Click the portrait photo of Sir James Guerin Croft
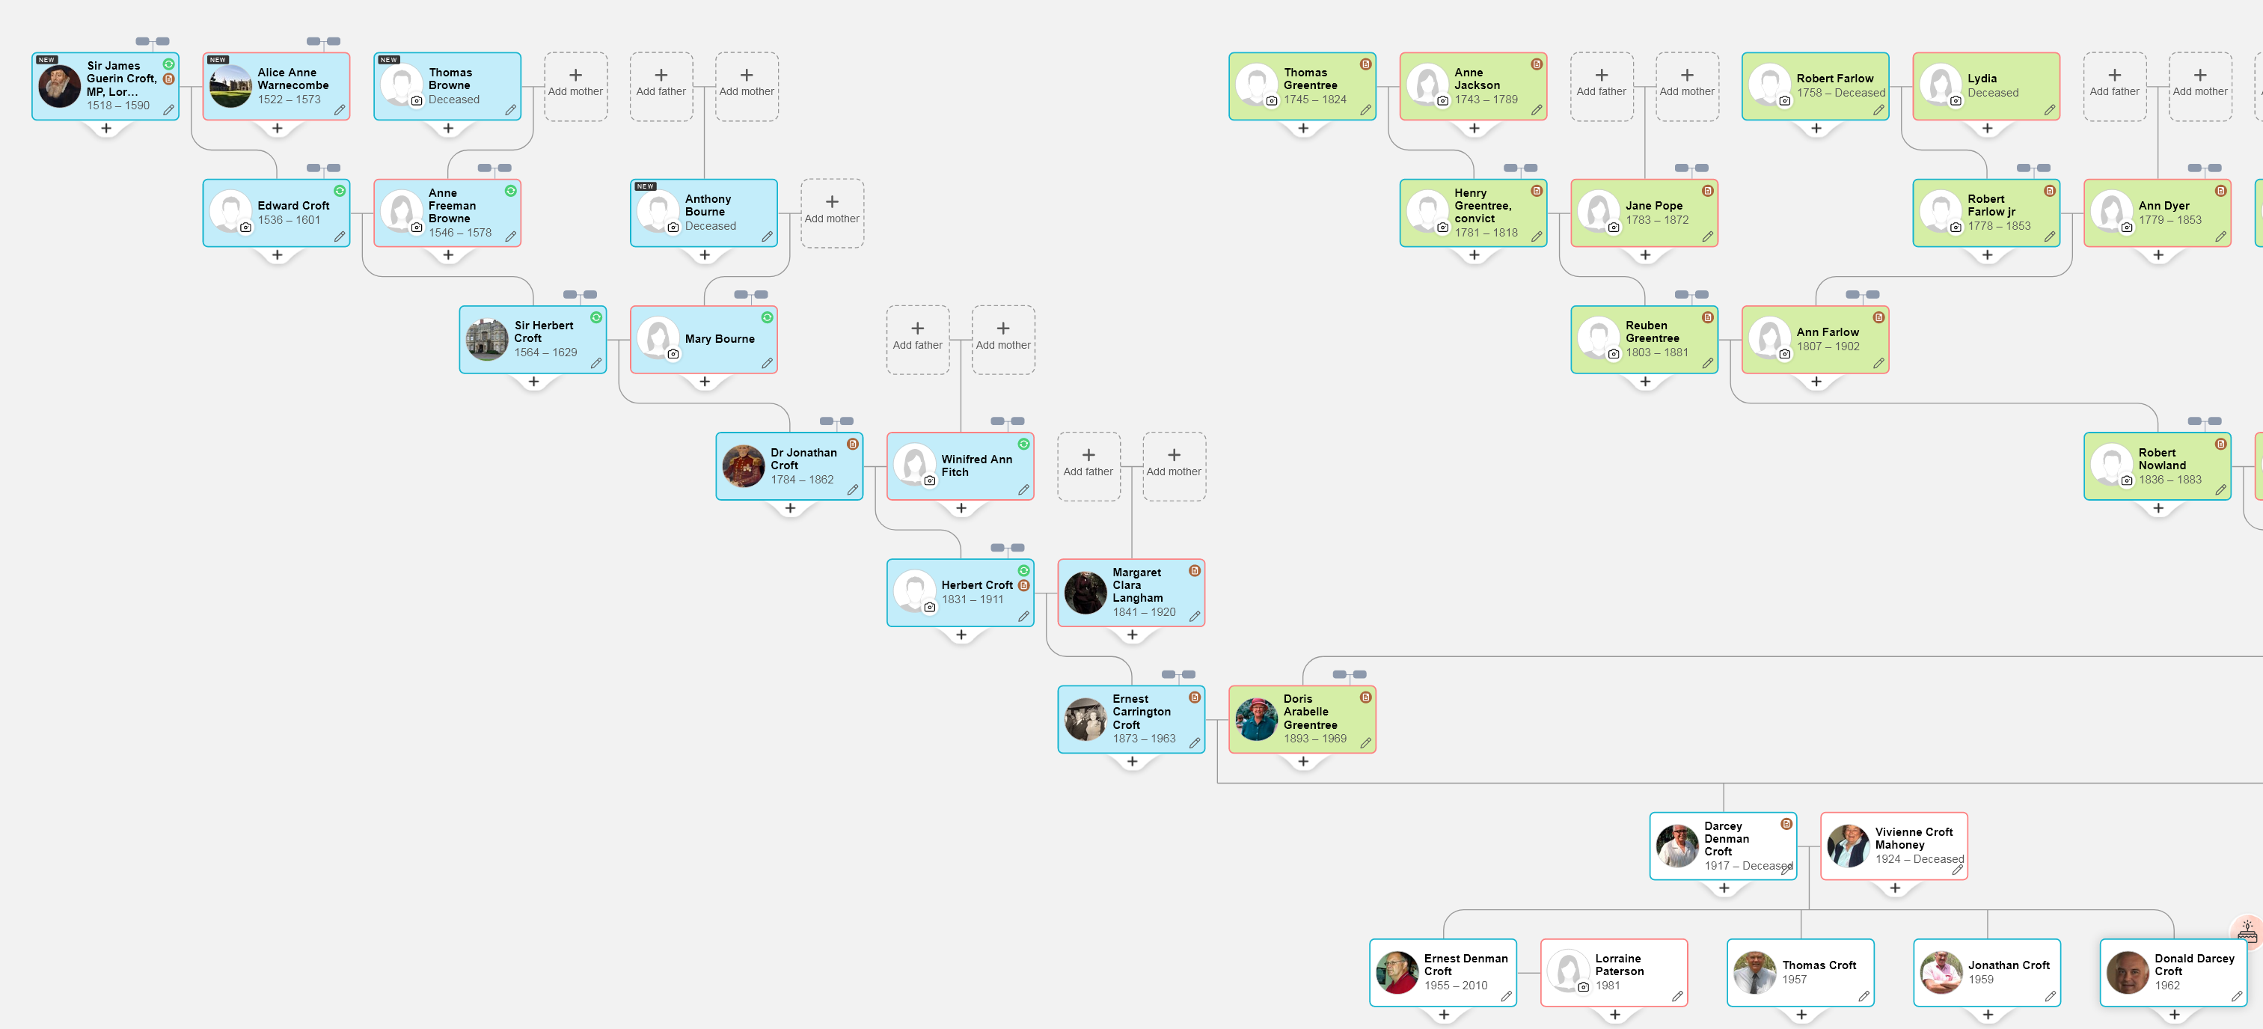click(x=60, y=86)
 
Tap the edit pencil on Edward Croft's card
click(x=339, y=236)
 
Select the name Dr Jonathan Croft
click(x=803, y=459)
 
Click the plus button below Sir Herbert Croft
click(x=533, y=382)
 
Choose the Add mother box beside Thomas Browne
click(x=575, y=85)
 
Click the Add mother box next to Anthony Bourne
click(x=832, y=212)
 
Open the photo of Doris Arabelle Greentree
click(x=1256, y=719)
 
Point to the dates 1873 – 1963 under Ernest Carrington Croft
click(x=1143, y=738)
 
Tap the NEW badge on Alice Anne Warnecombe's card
click(x=218, y=60)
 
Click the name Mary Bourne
click(x=720, y=338)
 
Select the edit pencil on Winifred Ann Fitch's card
click(x=1023, y=489)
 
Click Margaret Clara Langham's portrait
click(x=1085, y=592)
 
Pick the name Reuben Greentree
click(x=1652, y=332)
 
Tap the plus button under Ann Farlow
click(x=1816, y=382)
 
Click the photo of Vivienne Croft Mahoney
click(x=1849, y=846)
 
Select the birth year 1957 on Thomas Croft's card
click(x=1794, y=979)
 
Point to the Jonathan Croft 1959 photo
click(x=1941, y=972)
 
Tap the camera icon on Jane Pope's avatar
click(x=1614, y=228)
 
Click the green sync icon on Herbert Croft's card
click(x=1023, y=571)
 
